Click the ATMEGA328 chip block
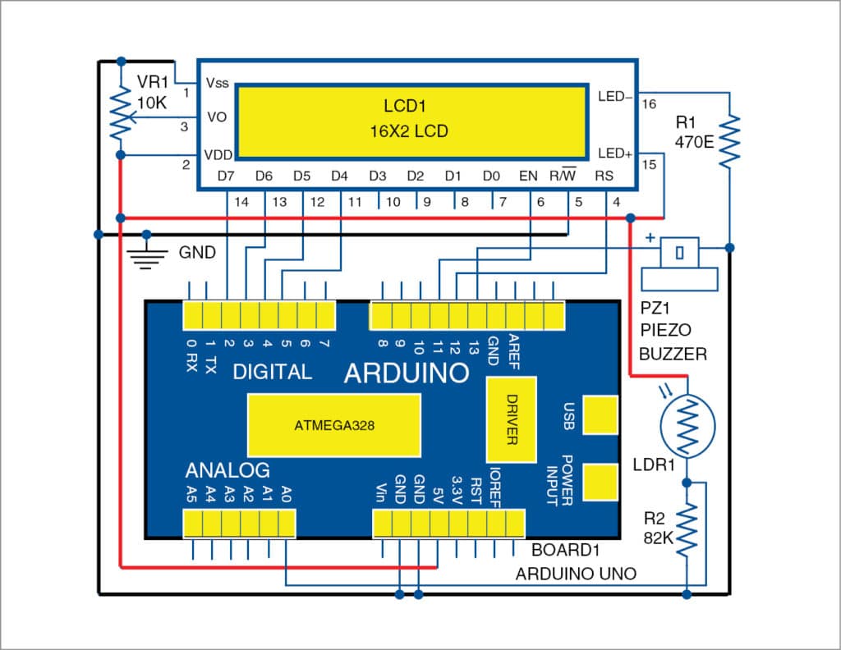pos(333,426)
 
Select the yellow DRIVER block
pos(511,419)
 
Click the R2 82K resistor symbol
pos(687,530)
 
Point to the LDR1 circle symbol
pos(687,426)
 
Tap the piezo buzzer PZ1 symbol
pos(678,263)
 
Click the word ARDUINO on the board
pos(406,373)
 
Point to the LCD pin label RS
pos(604,176)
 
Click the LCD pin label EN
pos(529,176)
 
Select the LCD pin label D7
pos(226,176)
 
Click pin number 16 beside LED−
pos(650,105)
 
